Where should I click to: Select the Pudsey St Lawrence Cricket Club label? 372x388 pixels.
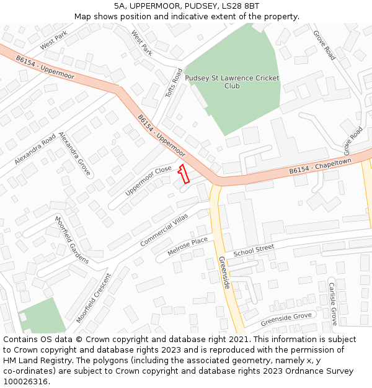click(232, 82)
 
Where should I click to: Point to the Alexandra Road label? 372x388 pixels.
click(35, 149)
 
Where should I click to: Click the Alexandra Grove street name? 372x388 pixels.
click(75, 153)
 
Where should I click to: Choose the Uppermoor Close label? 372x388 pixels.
click(148, 181)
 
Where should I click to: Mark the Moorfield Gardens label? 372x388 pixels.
click(72, 240)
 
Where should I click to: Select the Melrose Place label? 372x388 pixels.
click(188, 247)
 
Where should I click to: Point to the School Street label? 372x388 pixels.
click(254, 251)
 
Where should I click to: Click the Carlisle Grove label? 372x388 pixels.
click(332, 304)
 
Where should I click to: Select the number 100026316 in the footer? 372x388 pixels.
click(25, 381)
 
